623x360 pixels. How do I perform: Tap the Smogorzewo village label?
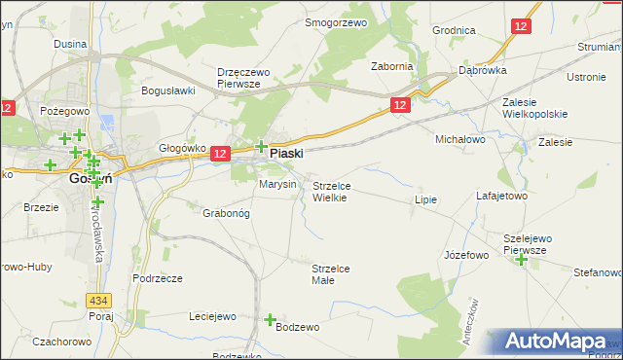coord(335,22)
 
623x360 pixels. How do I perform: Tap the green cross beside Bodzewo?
coord(271,319)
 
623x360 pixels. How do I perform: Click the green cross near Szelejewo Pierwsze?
coord(522,259)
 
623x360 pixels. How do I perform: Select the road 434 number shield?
coord(97,301)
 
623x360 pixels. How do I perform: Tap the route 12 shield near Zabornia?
coord(400,103)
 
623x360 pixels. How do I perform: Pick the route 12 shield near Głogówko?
coord(219,154)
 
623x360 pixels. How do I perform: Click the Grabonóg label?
coord(226,212)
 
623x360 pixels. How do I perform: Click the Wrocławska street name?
coord(98,234)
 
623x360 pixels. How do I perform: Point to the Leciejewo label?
coord(213,316)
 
